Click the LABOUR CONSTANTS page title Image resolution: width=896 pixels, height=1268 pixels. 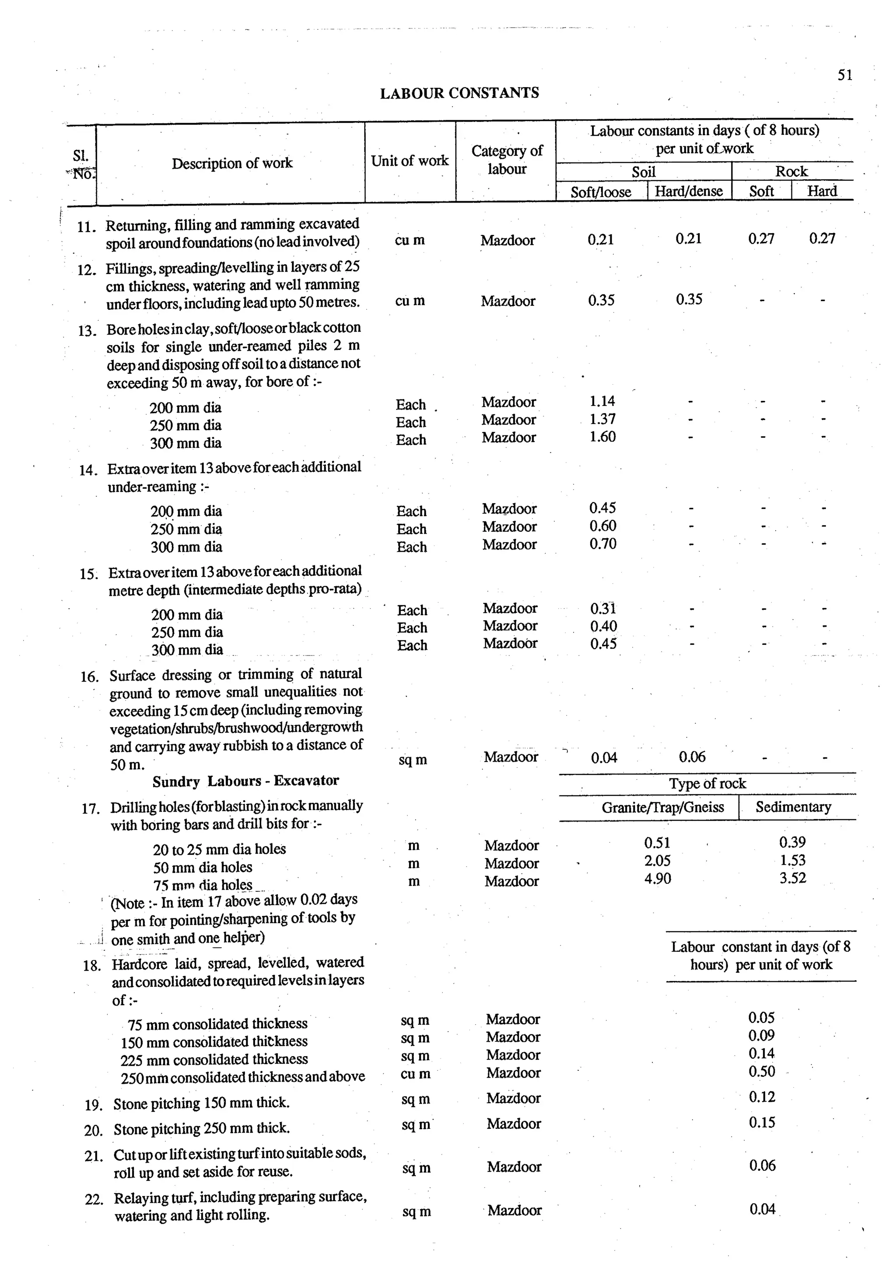pos(459,93)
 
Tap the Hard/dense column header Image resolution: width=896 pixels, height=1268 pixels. pos(689,191)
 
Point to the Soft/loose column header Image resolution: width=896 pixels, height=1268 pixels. pos(601,192)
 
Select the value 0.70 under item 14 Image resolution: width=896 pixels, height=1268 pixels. pos(602,544)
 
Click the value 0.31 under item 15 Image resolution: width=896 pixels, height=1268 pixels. pos(603,609)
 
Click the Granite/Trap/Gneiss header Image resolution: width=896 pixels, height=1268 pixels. pos(662,807)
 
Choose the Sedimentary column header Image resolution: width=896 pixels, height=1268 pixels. pos(793,807)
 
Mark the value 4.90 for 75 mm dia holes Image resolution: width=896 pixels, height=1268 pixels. pos(658,879)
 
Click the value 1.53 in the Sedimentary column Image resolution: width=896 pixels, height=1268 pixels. pos(792,860)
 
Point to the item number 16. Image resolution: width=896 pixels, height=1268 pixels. pos(89,676)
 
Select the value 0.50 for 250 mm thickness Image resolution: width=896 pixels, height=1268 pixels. pos(761,1072)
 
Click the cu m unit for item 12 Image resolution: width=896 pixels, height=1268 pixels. pos(409,301)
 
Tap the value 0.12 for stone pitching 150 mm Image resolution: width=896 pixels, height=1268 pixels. pos(762,1097)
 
